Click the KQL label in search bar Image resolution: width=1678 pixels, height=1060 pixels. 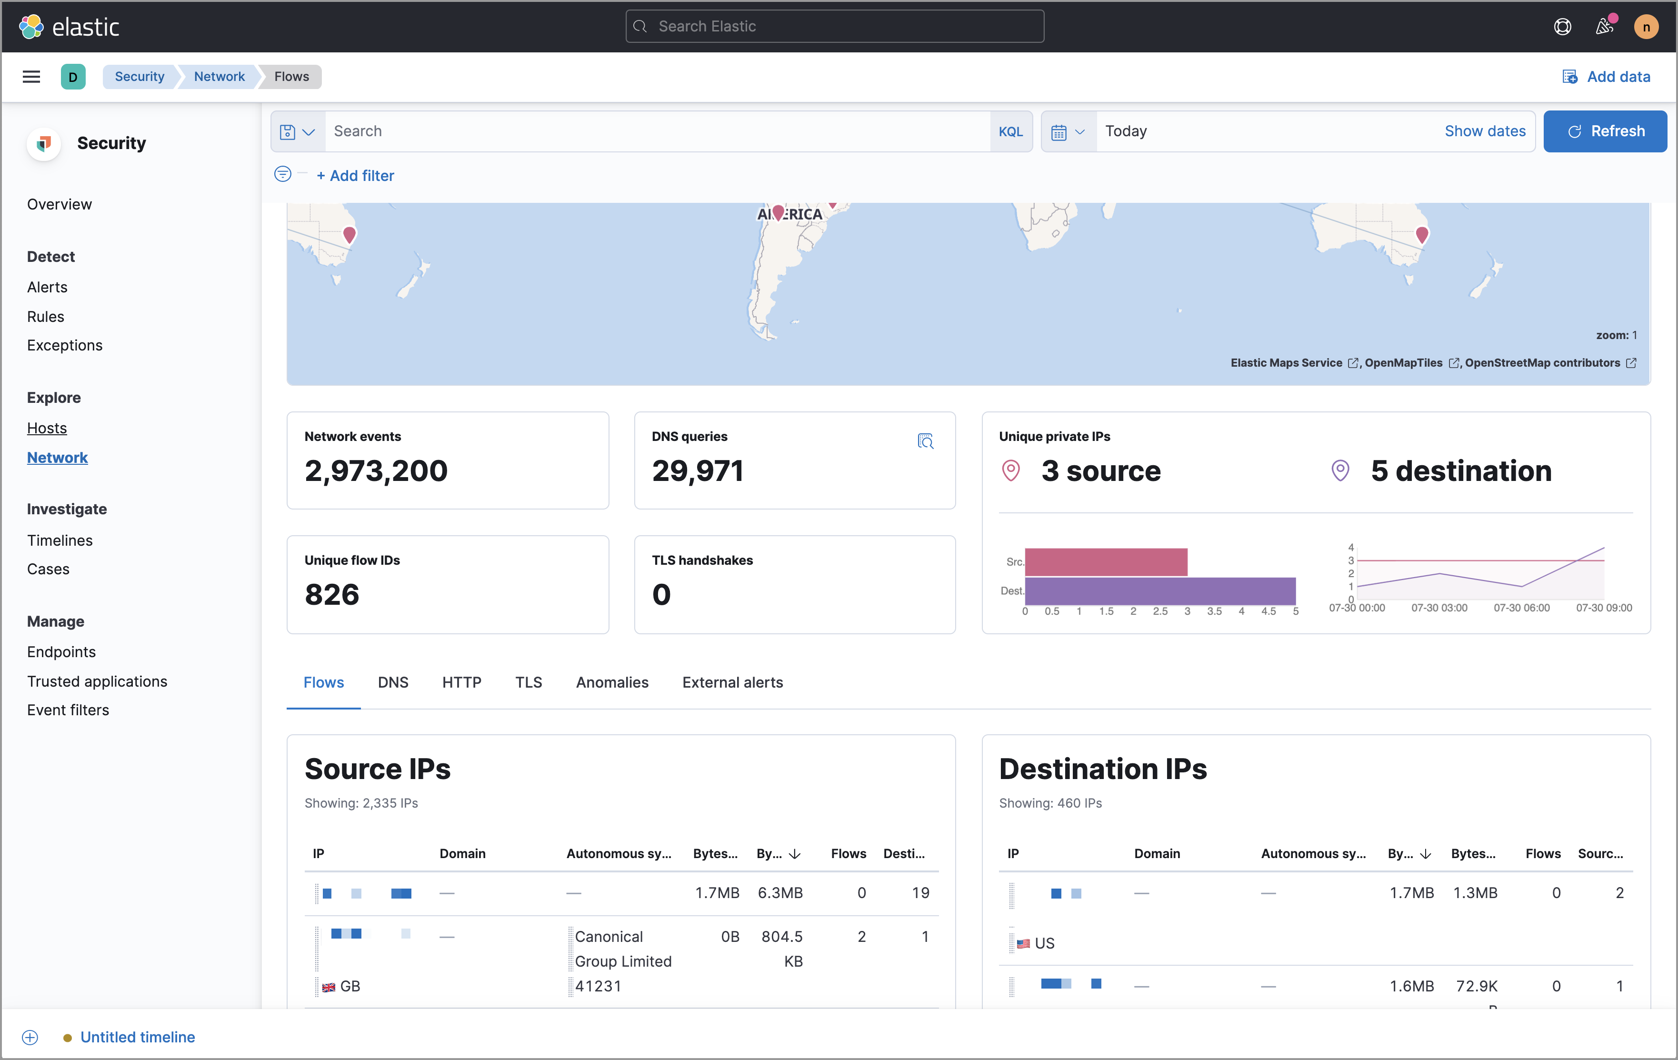(x=1010, y=132)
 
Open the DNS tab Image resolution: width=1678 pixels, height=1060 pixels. (x=393, y=682)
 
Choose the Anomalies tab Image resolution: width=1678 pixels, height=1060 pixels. (x=612, y=682)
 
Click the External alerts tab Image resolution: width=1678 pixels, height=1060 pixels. (x=732, y=682)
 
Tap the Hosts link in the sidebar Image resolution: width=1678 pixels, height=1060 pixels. (x=47, y=428)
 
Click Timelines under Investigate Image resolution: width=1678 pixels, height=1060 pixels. (x=60, y=540)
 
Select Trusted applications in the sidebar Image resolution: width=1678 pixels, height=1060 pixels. (x=97, y=681)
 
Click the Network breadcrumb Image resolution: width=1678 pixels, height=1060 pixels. (x=219, y=77)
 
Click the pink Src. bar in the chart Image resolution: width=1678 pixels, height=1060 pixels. (x=1106, y=562)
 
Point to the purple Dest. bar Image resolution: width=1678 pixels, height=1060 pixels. (x=1159, y=591)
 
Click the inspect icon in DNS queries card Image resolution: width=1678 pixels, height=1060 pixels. (x=925, y=441)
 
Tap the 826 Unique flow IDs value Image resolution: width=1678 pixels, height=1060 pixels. (x=332, y=594)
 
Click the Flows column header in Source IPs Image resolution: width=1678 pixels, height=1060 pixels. (x=848, y=854)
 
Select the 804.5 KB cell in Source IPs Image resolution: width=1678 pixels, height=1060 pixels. (x=782, y=949)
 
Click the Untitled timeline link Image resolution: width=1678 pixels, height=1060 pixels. (x=137, y=1037)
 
